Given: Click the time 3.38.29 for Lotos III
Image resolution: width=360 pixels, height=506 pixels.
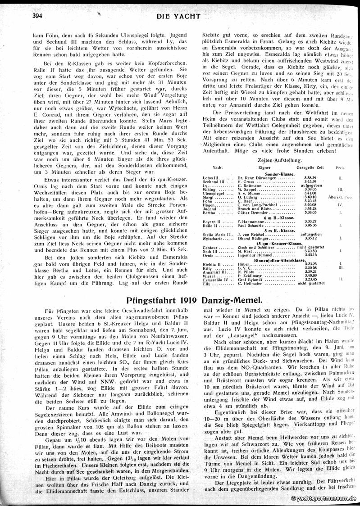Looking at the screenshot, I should pos(297,178).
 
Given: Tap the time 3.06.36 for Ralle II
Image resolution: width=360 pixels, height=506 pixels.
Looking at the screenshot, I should pos(297,225).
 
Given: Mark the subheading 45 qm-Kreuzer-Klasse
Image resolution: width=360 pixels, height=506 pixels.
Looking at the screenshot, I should pos(273,243).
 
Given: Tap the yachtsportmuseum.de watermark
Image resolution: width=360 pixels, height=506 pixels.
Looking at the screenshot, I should pos(324,498).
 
